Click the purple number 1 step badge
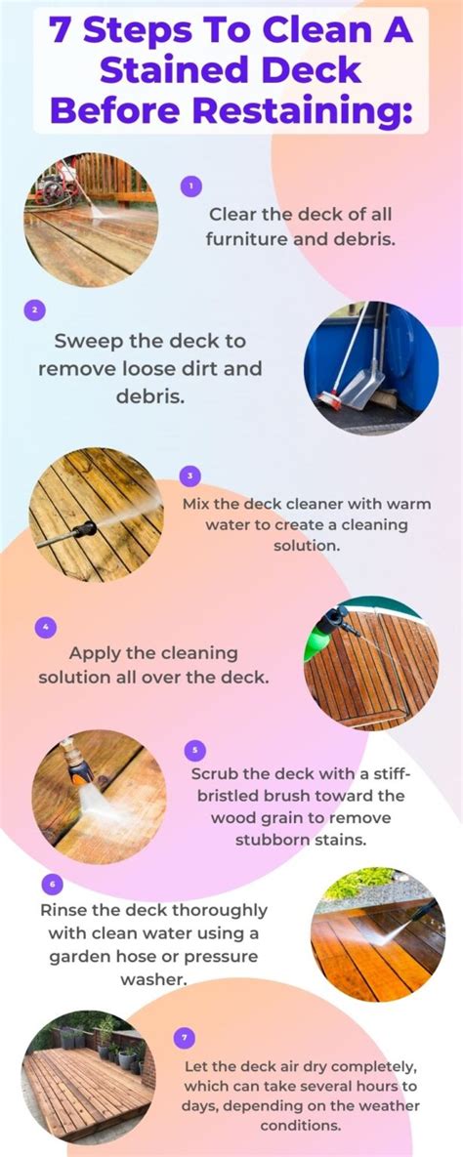point(191,185)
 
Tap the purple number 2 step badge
point(34,310)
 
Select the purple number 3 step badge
point(190,475)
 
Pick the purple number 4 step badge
point(45,627)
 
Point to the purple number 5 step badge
point(194,750)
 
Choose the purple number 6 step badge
point(51,884)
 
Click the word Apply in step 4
point(95,652)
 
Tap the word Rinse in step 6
point(64,909)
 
